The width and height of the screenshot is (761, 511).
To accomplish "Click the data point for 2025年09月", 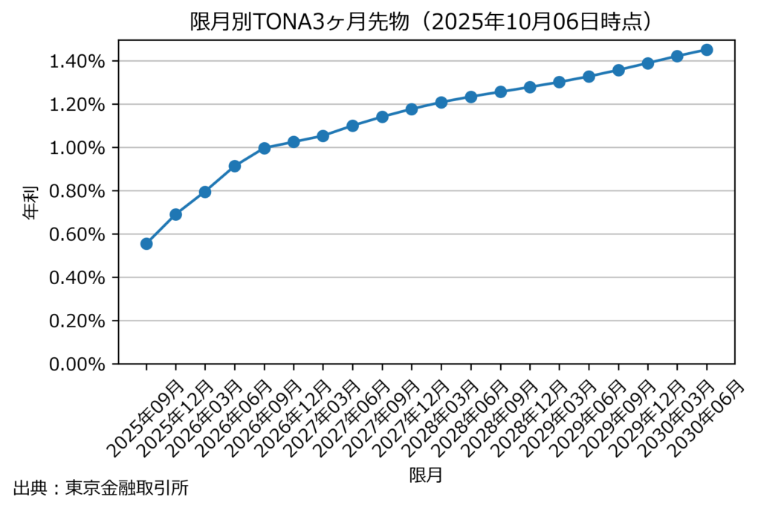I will [x=146, y=243].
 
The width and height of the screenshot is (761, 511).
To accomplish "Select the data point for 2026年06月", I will [x=235, y=166].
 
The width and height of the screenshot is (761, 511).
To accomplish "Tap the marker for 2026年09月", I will [x=264, y=148].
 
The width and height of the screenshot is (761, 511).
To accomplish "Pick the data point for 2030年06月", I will [x=707, y=50].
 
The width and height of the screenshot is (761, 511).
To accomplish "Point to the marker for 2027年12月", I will [x=412, y=109].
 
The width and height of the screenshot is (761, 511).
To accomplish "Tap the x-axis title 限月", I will [x=426, y=475].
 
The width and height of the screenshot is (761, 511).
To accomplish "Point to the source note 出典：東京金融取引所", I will [x=101, y=489].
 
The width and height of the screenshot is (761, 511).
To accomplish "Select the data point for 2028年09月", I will [x=500, y=91].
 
